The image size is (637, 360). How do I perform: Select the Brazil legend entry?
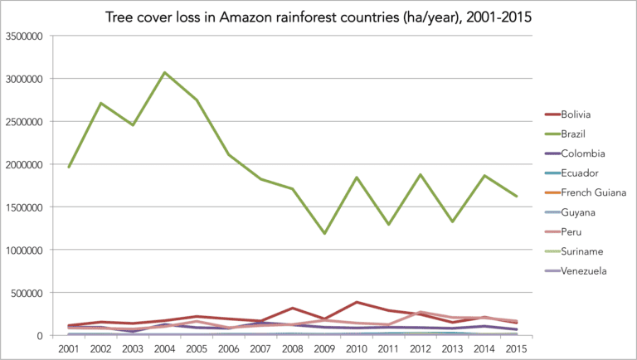[x=574, y=134]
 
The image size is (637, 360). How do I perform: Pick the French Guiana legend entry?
[x=591, y=192]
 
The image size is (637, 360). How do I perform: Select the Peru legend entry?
[x=571, y=231]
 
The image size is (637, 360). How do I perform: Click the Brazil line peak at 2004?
[x=165, y=73]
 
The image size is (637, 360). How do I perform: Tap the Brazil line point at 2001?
[x=69, y=168]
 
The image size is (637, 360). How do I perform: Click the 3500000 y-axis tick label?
[x=27, y=36]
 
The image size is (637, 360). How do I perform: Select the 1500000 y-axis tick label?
[x=27, y=207]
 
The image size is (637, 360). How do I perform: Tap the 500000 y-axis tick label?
[x=31, y=292]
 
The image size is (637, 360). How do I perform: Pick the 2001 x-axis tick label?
[x=69, y=348]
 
